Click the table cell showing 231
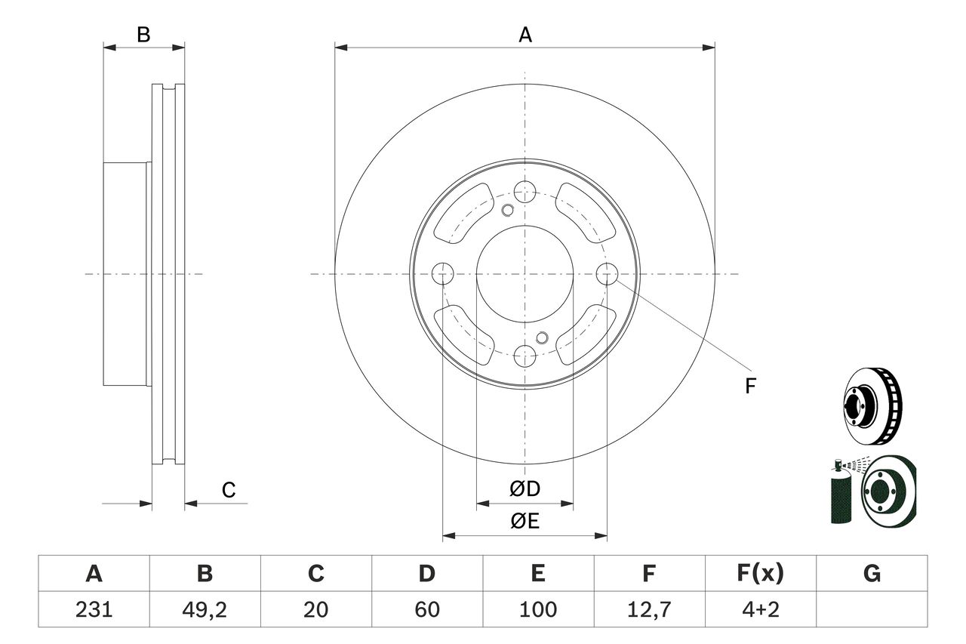[94, 609]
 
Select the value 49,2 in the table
[205, 609]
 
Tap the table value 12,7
[648, 609]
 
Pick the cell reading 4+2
[759, 609]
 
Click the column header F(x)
[759, 575]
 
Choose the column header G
[872, 575]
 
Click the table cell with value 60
[426, 609]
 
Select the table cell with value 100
[537, 609]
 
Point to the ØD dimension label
[525, 489]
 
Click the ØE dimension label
[525, 522]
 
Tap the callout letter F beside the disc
[749, 387]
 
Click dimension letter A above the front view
[525, 35]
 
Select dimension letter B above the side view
[143, 35]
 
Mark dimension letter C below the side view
[229, 491]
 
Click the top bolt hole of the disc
[525, 192]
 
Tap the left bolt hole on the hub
[442, 273]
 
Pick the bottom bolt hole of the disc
[525, 356]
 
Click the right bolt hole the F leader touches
[607, 273]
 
